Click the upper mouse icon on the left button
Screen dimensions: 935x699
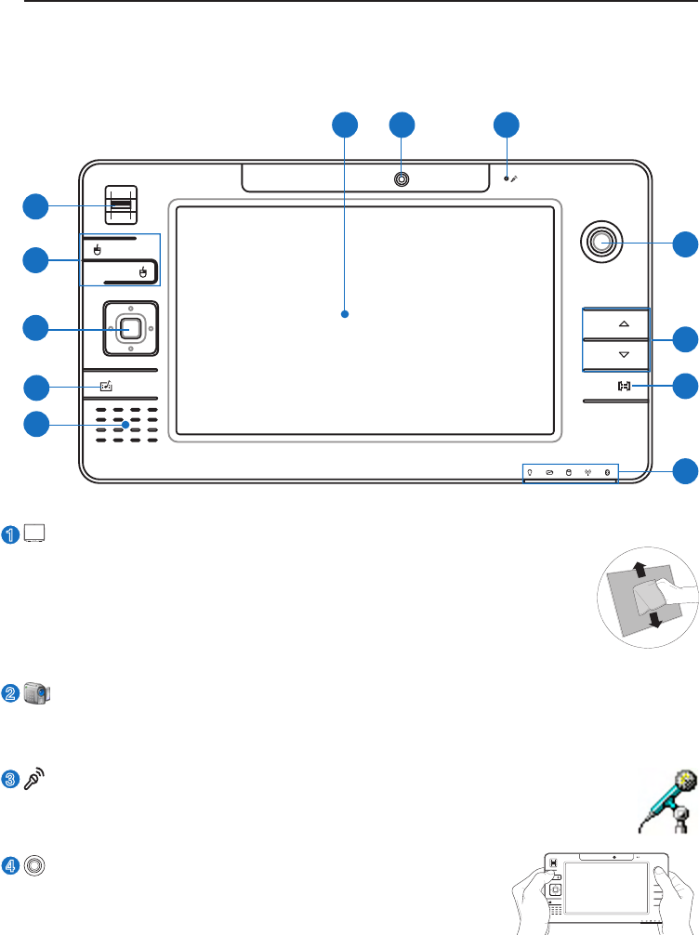click(x=98, y=249)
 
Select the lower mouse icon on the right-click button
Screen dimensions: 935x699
click(x=142, y=272)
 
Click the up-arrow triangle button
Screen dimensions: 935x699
click(x=623, y=324)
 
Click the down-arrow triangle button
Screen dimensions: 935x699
click(x=623, y=354)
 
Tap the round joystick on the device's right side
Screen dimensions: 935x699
click(x=601, y=243)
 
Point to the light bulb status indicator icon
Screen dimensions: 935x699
click(x=530, y=472)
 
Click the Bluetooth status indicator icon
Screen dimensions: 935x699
click(x=607, y=472)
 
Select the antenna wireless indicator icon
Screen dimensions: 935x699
click(x=587, y=472)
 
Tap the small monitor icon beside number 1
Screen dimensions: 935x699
click(x=35, y=534)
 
